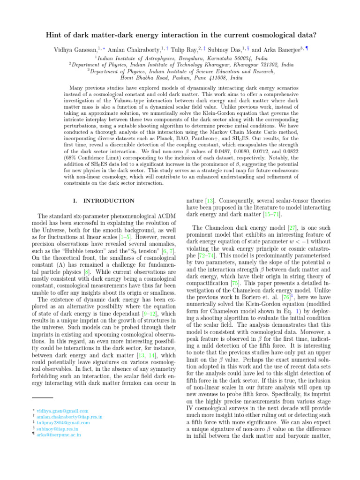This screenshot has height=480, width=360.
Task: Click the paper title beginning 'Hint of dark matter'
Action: coord(180,34)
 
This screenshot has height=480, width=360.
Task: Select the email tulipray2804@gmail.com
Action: coord(63,423)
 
